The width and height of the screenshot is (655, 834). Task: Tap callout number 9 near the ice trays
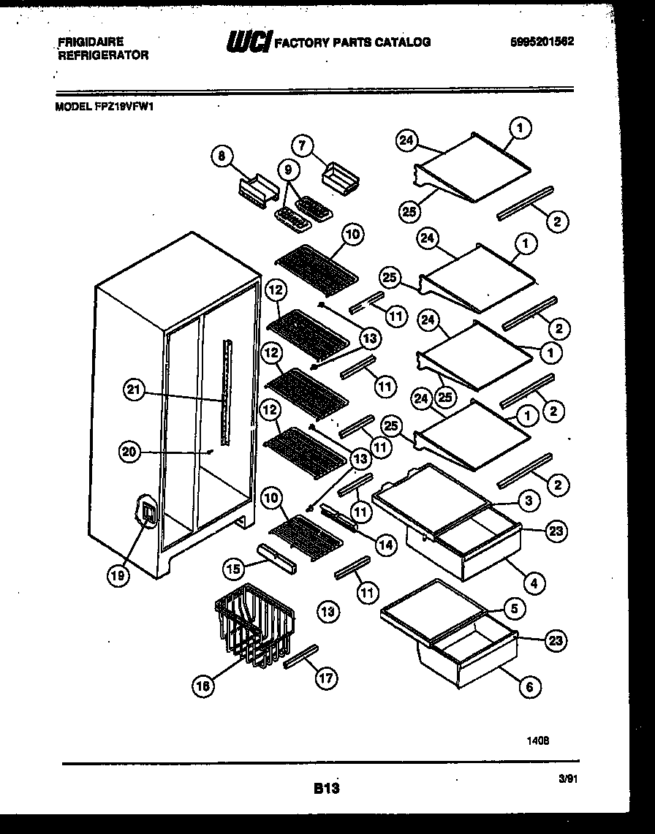289,170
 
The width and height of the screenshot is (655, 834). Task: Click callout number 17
327,678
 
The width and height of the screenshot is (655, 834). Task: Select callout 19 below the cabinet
118,575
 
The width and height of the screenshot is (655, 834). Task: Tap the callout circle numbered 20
129,452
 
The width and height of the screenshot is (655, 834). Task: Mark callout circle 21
133,390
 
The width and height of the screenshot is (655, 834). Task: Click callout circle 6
530,686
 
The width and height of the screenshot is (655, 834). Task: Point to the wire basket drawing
254,626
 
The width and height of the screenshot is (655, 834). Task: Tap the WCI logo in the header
249,42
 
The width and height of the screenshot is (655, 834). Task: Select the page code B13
327,788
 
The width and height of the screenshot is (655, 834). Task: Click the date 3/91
567,780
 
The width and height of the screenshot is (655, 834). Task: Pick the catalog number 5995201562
541,42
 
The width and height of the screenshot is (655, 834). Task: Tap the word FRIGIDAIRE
90,42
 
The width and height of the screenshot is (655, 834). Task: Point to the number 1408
538,740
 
